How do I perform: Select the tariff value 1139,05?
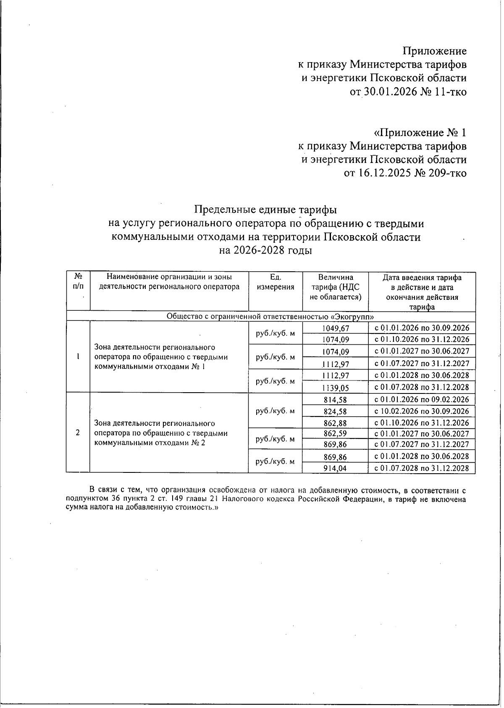point(335,388)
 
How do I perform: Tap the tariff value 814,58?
point(335,400)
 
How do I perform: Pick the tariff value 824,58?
point(335,412)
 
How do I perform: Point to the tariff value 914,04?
point(335,468)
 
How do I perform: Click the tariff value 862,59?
point(335,434)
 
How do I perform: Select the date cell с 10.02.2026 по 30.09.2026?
point(422,411)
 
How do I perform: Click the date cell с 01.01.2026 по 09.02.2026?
point(422,399)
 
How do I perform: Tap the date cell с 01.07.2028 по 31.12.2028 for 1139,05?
point(422,387)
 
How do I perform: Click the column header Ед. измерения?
point(276,282)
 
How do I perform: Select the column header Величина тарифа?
point(335,287)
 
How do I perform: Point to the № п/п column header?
point(78,281)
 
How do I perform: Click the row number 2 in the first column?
point(78,433)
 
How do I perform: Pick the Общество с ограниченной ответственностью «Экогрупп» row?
point(270,317)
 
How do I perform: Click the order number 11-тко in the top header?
point(451,92)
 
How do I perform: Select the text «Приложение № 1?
point(420,133)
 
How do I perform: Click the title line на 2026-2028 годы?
point(265,251)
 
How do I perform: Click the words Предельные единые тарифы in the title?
point(265,209)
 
